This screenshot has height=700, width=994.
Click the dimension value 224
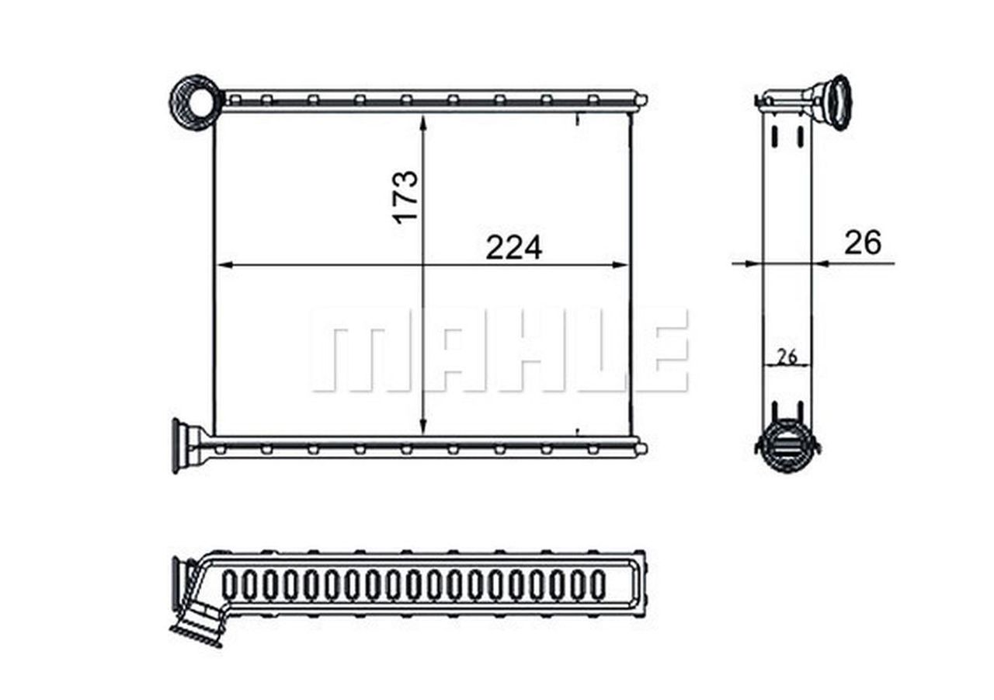513,248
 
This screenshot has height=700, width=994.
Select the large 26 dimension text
863,243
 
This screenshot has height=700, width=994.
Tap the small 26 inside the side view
787,357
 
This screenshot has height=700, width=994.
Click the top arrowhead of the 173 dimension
422,124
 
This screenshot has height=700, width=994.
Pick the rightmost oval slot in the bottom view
598,585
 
